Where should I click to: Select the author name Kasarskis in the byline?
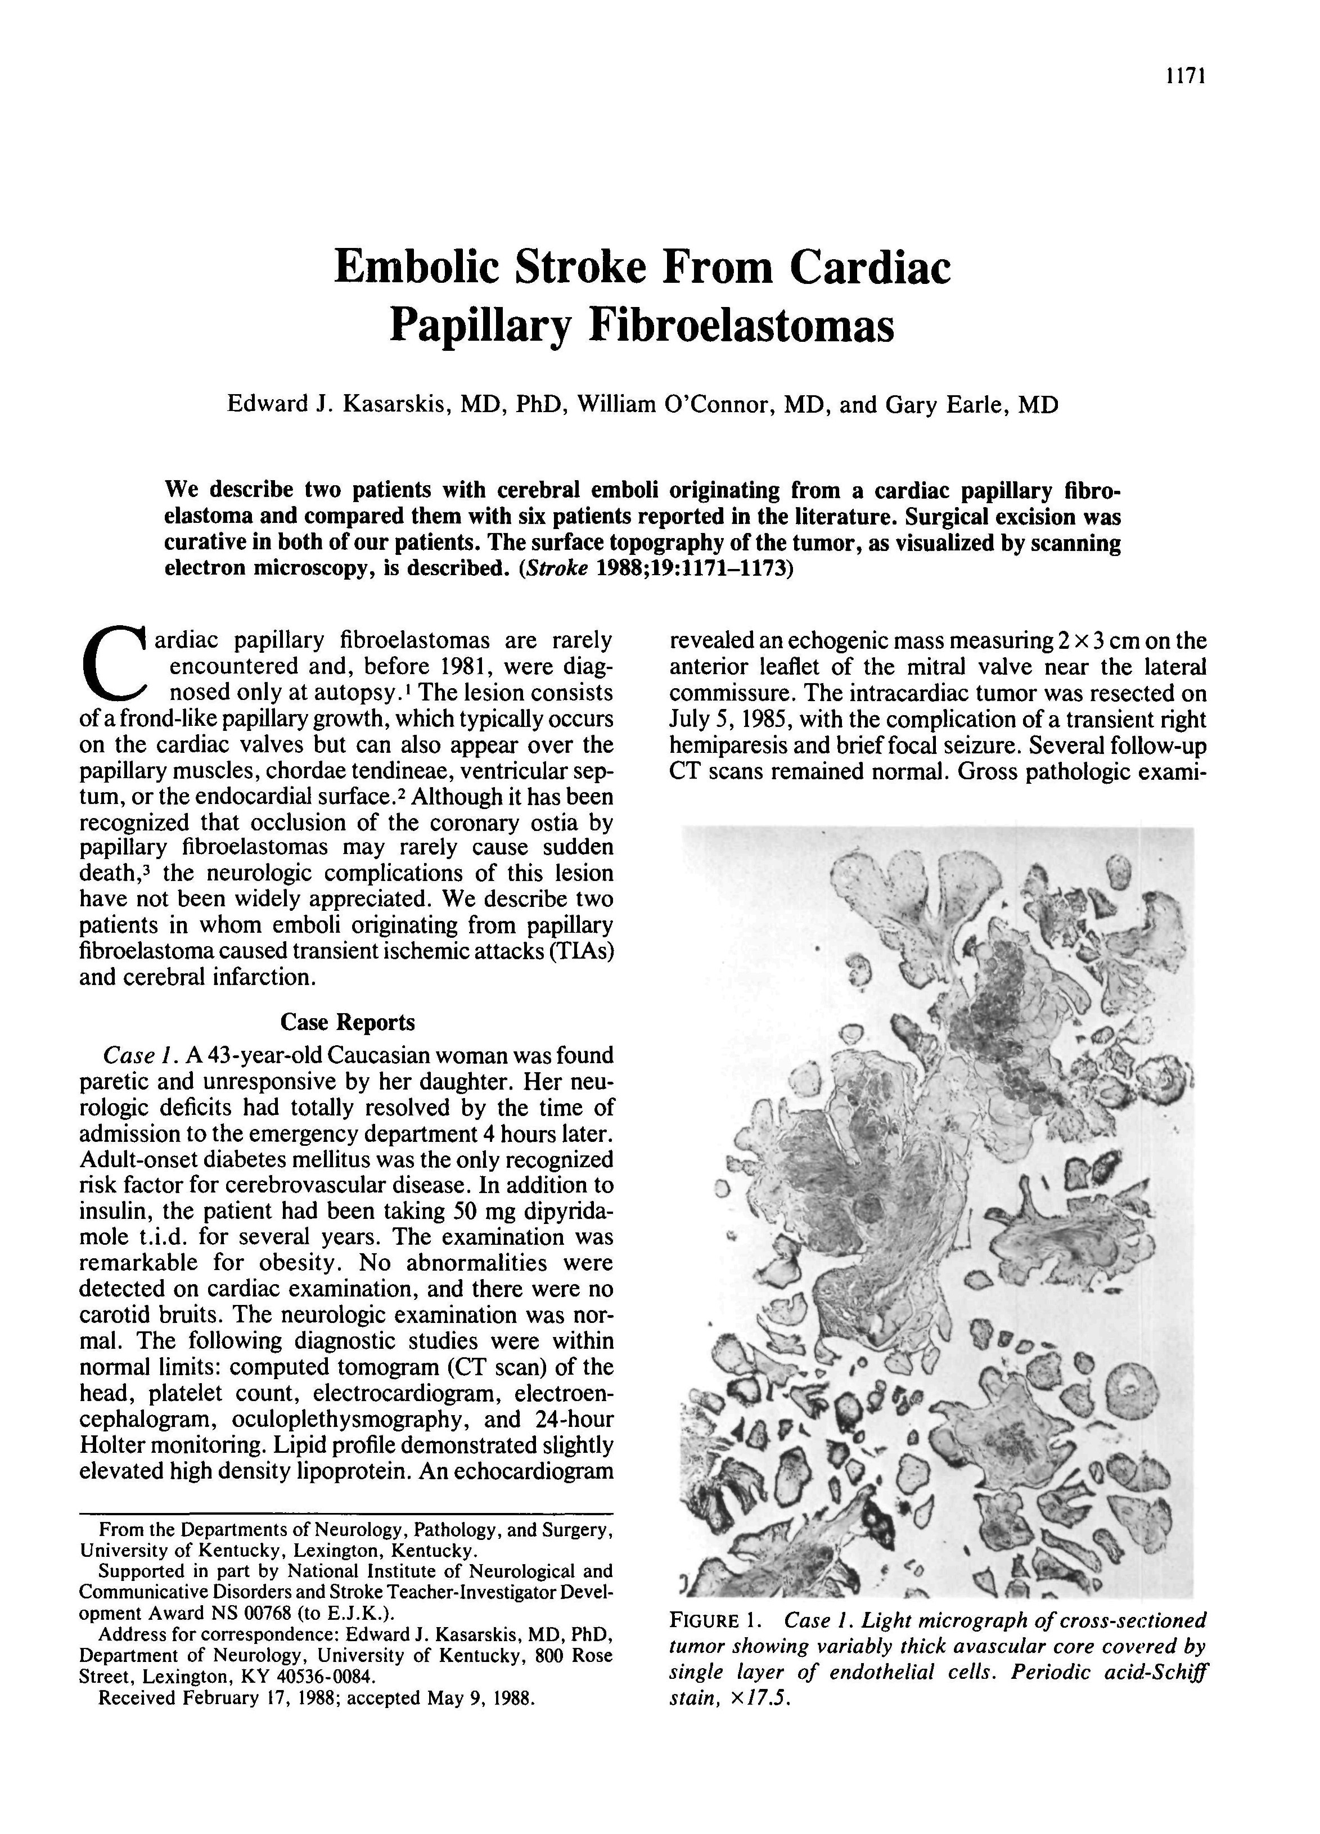coord(397,404)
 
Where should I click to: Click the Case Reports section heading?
coord(347,1022)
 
